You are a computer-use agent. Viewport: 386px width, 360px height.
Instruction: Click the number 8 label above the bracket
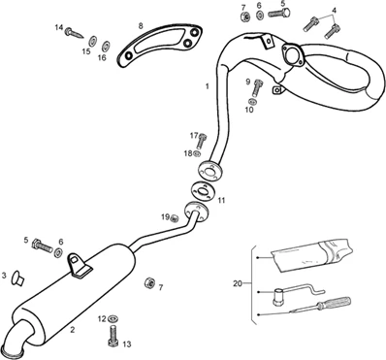coord(141,26)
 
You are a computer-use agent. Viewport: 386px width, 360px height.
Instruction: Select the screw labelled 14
coord(74,32)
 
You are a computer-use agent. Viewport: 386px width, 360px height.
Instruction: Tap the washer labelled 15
coord(92,41)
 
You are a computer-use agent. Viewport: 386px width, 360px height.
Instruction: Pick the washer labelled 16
coord(106,46)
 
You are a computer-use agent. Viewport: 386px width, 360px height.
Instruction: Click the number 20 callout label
coord(238,283)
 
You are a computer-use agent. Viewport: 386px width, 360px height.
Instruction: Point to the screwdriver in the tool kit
coord(319,306)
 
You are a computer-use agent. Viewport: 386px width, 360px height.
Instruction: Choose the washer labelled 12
coord(113,318)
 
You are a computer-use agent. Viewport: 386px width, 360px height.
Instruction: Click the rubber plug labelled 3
coord(17,278)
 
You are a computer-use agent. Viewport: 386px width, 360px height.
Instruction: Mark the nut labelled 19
coord(175,218)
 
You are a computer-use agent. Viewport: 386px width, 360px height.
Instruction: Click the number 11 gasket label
coord(221,201)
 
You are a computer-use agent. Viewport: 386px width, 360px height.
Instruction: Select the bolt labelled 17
coord(202,142)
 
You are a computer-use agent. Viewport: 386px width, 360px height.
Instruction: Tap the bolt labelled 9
coord(258,87)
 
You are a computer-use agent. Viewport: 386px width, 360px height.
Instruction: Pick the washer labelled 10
coord(253,101)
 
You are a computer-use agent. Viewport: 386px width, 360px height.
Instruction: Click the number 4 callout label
coord(334,10)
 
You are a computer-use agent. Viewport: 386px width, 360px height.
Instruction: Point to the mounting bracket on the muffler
coord(78,265)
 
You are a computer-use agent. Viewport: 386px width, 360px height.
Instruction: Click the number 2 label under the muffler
coord(73,330)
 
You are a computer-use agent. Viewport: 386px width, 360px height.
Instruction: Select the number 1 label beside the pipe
coord(207,86)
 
